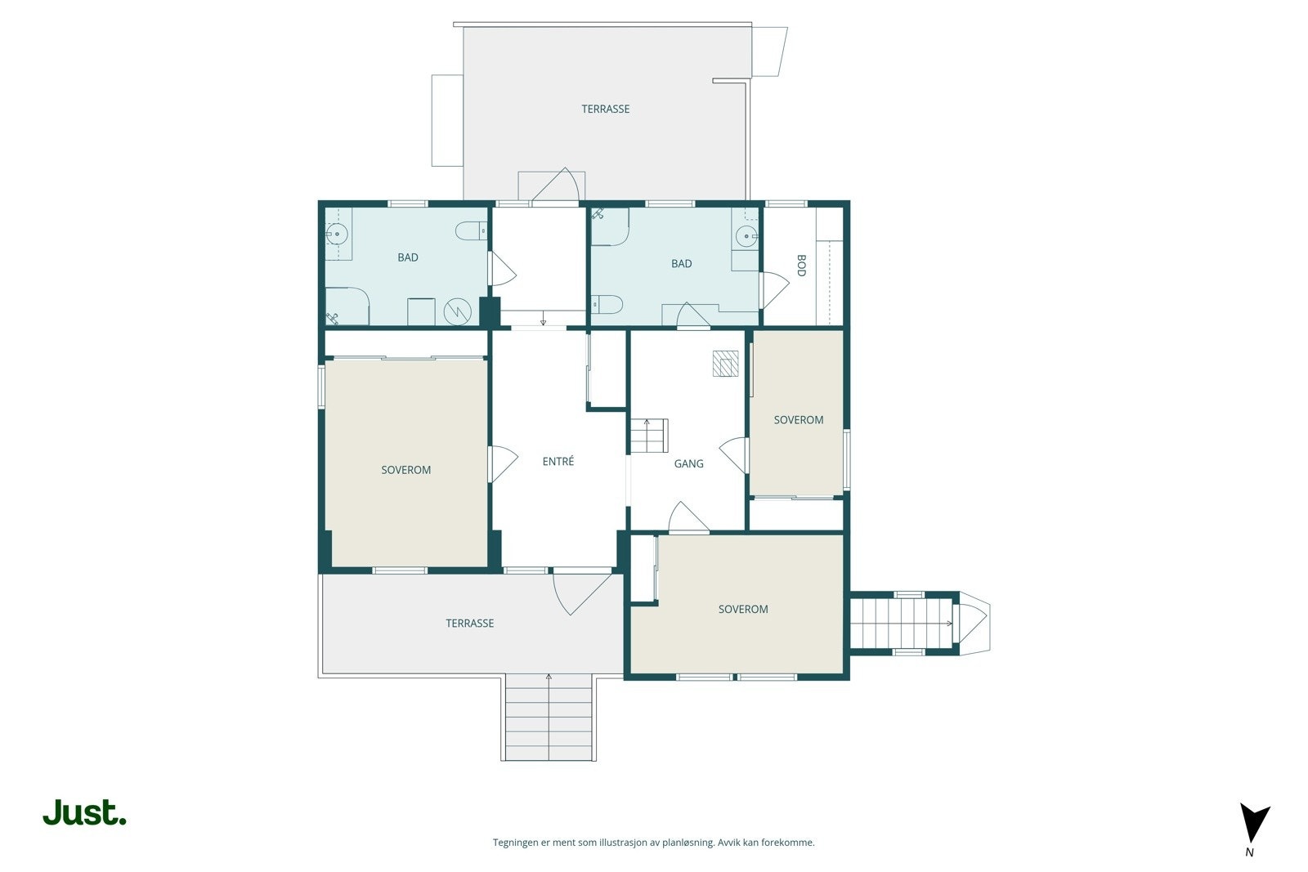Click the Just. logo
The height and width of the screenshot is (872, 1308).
coord(84,812)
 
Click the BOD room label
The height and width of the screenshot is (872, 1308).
coord(801,266)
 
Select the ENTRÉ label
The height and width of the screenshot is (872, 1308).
coord(558,461)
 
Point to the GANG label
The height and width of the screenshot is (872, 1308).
coord(688,463)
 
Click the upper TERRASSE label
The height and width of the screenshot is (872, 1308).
coord(606,109)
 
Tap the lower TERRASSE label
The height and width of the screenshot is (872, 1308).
coord(469,623)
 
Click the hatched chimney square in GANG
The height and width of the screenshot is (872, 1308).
coord(725,363)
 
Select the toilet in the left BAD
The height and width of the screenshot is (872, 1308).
coord(471,230)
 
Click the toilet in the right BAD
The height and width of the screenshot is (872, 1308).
coord(607,304)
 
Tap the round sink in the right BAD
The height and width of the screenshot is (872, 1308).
coord(747,237)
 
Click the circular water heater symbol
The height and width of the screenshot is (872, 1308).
coord(457,311)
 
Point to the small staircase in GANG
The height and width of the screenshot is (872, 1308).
coord(649,436)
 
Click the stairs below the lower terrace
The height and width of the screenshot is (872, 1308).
coord(549,718)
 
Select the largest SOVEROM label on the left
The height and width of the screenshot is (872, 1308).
coord(405,470)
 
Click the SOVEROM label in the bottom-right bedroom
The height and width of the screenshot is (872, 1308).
coord(743,609)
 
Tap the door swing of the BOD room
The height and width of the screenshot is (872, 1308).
coord(776,290)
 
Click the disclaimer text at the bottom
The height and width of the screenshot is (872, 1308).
coord(653,843)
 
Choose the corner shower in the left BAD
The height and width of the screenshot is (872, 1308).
coord(347,306)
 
